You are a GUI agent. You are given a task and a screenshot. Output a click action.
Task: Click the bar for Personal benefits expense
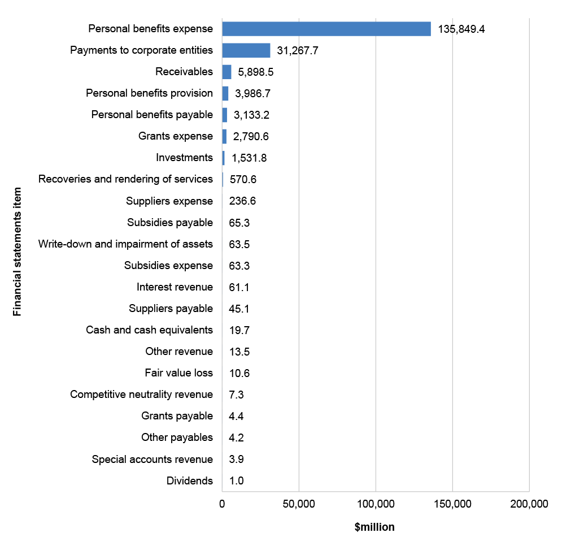(x=326, y=29)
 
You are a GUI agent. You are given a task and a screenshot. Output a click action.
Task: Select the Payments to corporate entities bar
(x=246, y=50)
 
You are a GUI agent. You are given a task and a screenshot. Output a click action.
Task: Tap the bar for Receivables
(x=227, y=72)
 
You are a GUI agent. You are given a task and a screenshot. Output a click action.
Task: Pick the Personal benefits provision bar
(x=225, y=93)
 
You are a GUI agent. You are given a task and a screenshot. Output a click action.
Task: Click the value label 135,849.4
(x=461, y=29)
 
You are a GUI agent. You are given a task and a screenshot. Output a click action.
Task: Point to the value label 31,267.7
(x=298, y=50)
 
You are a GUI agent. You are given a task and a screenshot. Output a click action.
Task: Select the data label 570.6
(x=243, y=179)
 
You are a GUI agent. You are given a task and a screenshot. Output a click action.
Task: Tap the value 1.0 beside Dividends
(x=236, y=481)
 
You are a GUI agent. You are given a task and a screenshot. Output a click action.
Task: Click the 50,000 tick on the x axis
(x=299, y=504)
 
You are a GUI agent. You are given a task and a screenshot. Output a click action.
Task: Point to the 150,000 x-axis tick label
(x=452, y=504)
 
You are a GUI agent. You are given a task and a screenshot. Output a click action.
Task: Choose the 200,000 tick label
(x=529, y=504)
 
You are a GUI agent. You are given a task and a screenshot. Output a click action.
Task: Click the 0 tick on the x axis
(x=222, y=504)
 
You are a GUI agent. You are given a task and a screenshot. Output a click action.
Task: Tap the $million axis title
(x=374, y=527)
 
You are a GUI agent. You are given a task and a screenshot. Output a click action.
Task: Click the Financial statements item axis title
(x=17, y=252)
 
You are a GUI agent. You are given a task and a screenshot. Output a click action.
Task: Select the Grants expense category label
(x=176, y=136)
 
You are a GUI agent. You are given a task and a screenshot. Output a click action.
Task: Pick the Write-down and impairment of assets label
(x=125, y=244)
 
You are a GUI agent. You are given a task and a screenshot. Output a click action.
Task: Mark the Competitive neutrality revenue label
(x=142, y=395)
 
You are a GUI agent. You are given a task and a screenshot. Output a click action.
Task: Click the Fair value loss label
(x=179, y=373)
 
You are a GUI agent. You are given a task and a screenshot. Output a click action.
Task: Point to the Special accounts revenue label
(x=153, y=459)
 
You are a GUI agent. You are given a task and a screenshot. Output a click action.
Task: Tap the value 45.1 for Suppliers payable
(x=239, y=309)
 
